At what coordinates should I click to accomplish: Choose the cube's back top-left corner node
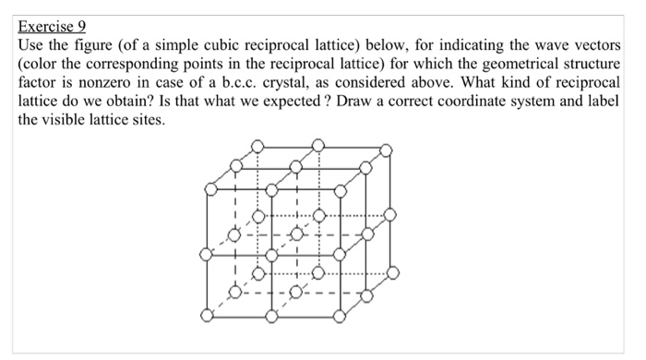click(259, 146)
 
